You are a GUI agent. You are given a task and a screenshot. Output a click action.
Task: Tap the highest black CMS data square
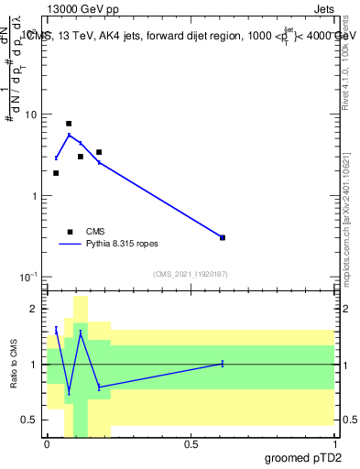click(69, 123)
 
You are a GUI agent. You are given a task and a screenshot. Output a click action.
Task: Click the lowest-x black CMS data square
click(56, 173)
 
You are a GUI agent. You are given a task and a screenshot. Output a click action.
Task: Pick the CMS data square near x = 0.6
click(223, 237)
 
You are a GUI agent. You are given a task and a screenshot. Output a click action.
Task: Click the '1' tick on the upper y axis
click(36, 196)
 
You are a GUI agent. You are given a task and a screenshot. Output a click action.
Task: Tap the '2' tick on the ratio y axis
click(36, 309)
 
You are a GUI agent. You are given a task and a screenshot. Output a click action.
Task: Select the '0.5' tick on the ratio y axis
click(31, 420)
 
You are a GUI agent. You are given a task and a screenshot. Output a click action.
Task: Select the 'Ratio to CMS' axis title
click(14, 365)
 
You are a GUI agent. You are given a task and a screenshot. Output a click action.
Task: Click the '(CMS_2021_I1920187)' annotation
click(190, 274)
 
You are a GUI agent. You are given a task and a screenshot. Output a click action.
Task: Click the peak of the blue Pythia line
click(69, 135)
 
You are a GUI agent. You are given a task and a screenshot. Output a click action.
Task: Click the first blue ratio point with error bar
click(56, 330)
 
